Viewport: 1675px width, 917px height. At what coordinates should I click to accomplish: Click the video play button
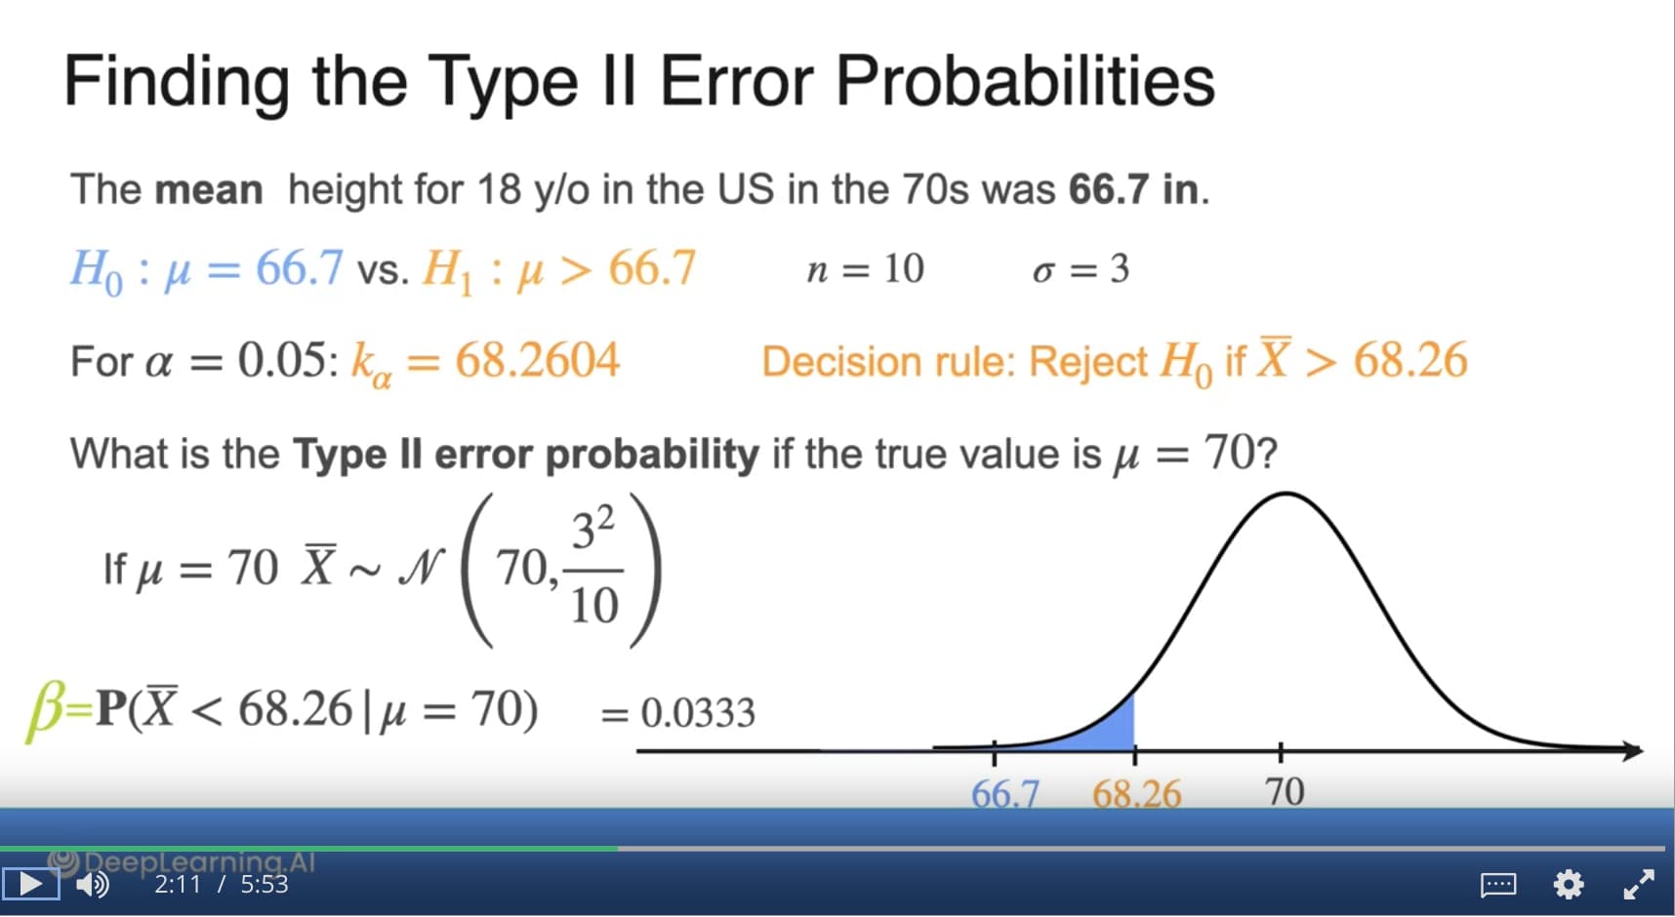(x=30, y=884)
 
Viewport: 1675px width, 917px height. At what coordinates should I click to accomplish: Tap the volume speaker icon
(x=93, y=884)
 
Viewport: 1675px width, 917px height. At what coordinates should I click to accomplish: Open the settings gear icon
(x=1568, y=885)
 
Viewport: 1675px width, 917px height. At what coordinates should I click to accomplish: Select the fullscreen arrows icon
(x=1638, y=884)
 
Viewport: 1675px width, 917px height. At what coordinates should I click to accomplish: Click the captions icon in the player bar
(x=1498, y=885)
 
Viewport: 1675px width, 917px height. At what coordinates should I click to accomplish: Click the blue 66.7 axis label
(x=1005, y=793)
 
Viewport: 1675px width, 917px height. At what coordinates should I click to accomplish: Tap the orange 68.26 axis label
(x=1136, y=793)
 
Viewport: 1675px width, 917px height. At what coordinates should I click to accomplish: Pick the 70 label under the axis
(x=1285, y=791)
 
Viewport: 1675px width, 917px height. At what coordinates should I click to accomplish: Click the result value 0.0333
(x=698, y=713)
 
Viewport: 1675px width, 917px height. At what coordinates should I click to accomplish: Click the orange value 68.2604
(x=537, y=360)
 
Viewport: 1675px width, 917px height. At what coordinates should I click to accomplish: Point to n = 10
(x=865, y=268)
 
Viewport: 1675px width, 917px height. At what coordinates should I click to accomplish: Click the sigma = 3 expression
(x=1081, y=268)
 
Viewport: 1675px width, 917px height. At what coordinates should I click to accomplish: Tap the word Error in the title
(x=736, y=80)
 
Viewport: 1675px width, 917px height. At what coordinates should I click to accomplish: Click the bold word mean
(x=209, y=189)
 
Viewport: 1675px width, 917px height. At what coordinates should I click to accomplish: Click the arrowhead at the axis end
(x=1633, y=750)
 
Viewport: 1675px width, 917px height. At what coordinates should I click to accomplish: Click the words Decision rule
(x=888, y=362)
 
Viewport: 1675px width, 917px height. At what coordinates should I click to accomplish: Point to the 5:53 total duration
(x=265, y=884)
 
